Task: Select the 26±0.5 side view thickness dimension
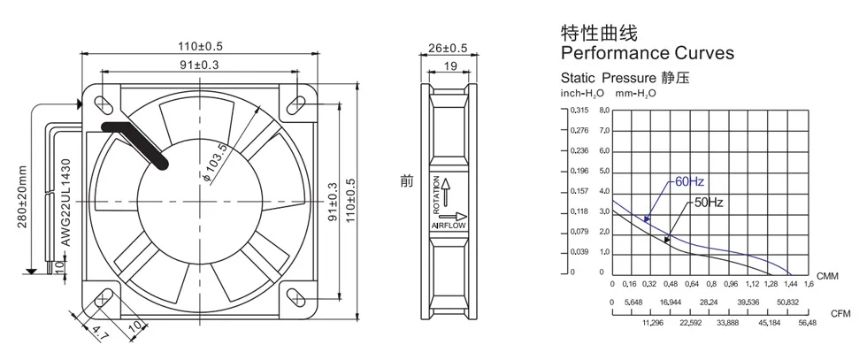tap(448, 48)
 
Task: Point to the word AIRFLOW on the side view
tap(448, 226)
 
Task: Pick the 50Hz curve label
tap(709, 202)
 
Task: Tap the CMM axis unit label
tap(827, 277)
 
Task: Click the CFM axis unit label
tap(840, 313)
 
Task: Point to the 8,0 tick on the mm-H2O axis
tap(604, 111)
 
